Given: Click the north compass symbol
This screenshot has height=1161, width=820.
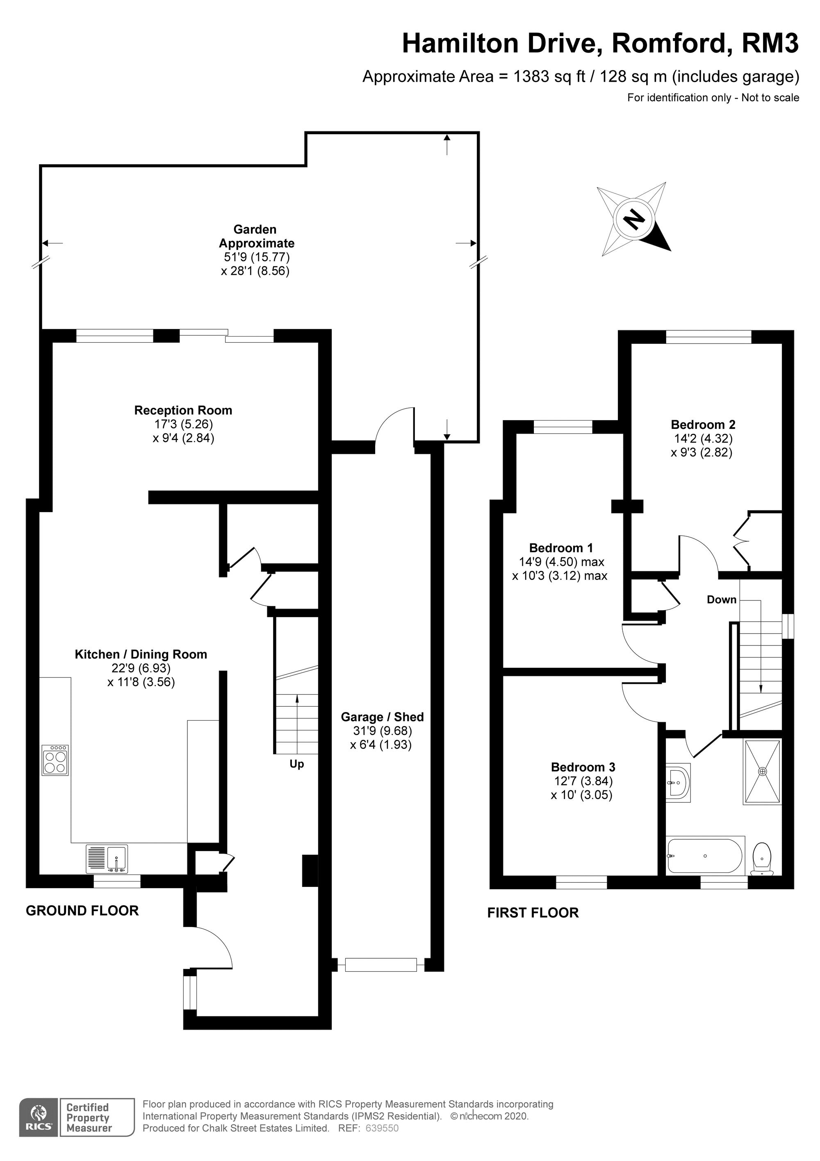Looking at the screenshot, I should pyautogui.click(x=633, y=220).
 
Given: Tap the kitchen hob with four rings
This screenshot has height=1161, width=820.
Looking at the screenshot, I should pyautogui.click(x=56, y=760).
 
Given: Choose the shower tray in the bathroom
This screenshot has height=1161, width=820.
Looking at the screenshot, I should pyautogui.click(x=762, y=771).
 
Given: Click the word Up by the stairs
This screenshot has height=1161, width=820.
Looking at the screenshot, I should pyautogui.click(x=296, y=764).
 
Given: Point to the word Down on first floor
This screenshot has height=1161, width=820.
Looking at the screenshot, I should pyautogui.click(x=722, y=599).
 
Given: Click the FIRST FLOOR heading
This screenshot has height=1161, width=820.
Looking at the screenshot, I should pyautogui.click(x=533, y=913).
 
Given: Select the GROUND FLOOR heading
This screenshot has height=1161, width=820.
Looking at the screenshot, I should pyautogui.click(x=82, y=910).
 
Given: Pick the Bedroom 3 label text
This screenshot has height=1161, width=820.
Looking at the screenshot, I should pyautogui.click(x=583, y=767).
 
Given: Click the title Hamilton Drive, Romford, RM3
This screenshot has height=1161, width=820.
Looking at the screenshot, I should pyautogui.click(x=600, y=44).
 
